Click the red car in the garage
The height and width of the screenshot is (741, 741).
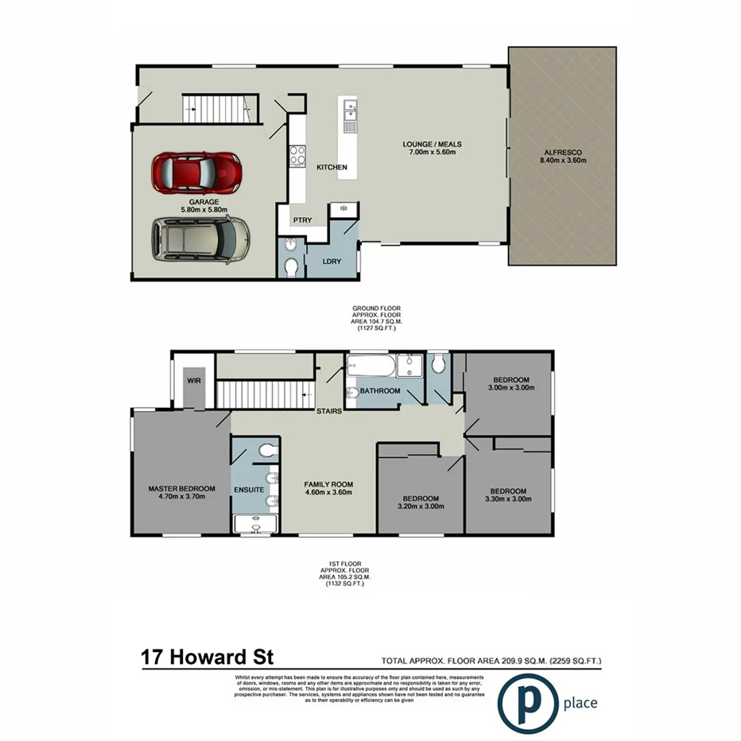[196, 172]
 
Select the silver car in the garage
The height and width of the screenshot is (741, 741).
[200, 240]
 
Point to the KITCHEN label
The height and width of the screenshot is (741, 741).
[332, 168]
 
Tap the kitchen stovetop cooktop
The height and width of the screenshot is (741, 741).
[298, 157]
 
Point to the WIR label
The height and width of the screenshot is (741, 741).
[193, 381]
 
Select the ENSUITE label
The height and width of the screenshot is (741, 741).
[248, 490]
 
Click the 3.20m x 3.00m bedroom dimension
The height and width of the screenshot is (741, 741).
[418, 506]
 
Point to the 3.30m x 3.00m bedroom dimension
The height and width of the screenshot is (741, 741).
[508, 499]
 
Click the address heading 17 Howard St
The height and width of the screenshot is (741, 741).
[208, 658]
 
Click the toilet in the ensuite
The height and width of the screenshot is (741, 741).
[266, 452]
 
